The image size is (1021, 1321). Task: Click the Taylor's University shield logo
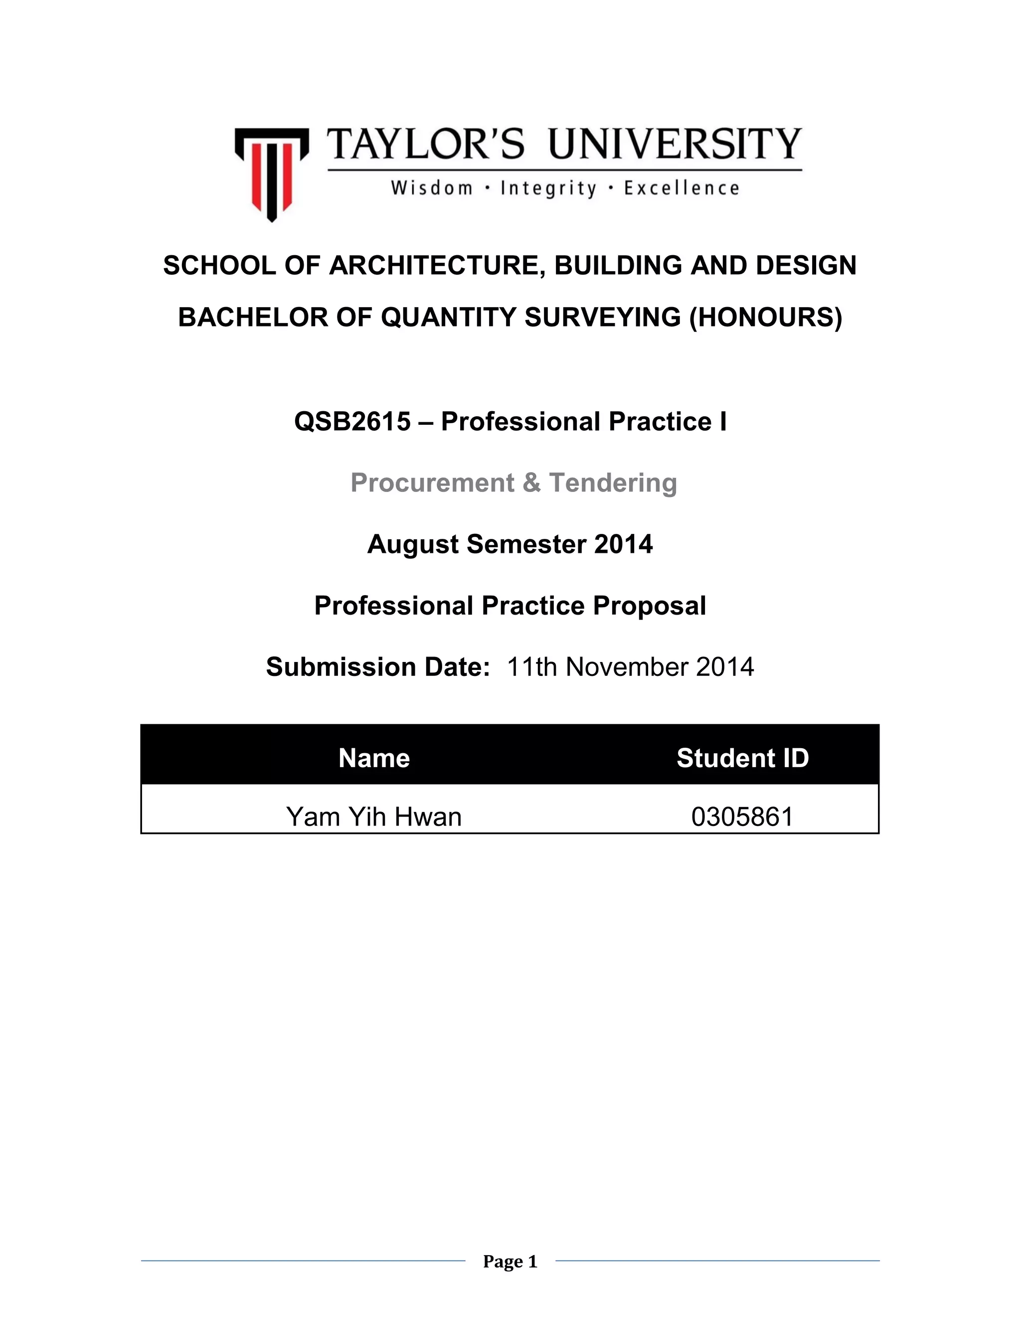tap(272, 173)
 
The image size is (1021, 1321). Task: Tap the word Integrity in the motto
tap(548, 189)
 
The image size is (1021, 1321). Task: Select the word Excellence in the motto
tap(681, 189)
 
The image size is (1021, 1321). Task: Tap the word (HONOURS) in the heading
tap(766, 318)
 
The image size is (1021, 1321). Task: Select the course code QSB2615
tap(352, 422)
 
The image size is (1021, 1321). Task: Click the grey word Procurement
tap(432, 483)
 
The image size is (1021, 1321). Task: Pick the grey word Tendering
tap(613, 483)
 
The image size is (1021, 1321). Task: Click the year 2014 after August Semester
tap(623, 544)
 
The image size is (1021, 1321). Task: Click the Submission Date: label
tap(378, 667)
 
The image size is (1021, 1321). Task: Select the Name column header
tap(374, 758)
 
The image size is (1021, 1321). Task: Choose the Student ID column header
tap(742, 758)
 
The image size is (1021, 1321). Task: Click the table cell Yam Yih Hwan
tap(374, 817)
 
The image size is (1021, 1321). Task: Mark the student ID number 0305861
tap(742, 817)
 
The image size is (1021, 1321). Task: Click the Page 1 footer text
tap(510, 1261)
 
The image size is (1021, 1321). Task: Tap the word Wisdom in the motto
tap(431, 189)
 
